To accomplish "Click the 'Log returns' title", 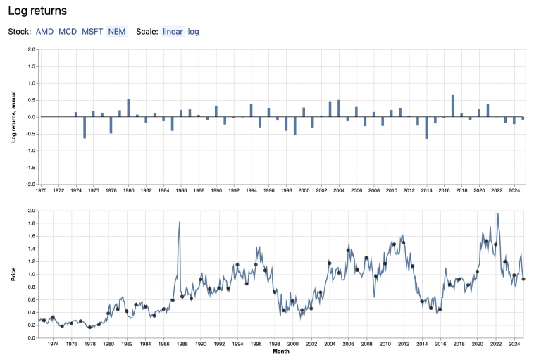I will (x=37, y=11).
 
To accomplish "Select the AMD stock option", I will (x=44, y=32).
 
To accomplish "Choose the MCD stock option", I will (x=68, y=32).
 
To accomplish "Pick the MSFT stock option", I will (x=92, y=32).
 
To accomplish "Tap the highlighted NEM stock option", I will (x=117, y=32).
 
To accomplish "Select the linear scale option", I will (x=173, y=32).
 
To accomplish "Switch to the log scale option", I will (x=194, y=32).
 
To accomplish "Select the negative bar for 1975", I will (x=85, y=127).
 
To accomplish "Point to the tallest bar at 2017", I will (x=452, y=106).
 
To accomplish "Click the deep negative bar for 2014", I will (x=426, y=128).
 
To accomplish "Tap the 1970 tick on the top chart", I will (x=41, y=190).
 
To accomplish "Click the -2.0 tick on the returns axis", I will (x=30, y=184).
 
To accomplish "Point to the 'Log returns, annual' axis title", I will (x=13, y=117).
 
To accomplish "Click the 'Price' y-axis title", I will (x=13, y=274).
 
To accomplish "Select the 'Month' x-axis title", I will (x=280, y=352).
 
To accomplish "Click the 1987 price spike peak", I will (x=180, y=222).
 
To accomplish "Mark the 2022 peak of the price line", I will (x=497, y=214).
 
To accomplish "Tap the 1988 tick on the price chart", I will (x=182, y=344).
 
